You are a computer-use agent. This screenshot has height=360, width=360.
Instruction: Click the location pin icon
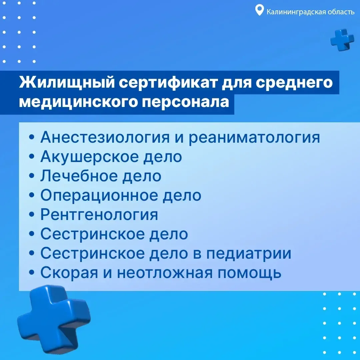259,11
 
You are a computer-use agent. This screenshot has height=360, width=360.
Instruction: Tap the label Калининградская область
310,11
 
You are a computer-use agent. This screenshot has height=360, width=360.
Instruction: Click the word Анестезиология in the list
105,137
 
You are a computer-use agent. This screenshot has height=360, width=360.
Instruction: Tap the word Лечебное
79,176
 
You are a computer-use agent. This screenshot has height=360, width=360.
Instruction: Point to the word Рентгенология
99,215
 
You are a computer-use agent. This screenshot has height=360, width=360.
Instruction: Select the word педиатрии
249,254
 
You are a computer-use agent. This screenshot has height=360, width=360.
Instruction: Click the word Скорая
69,273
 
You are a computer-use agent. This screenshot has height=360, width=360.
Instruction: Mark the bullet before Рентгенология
32,215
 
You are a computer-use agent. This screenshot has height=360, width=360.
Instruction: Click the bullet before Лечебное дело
32,176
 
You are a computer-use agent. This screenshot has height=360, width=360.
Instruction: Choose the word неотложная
165,273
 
